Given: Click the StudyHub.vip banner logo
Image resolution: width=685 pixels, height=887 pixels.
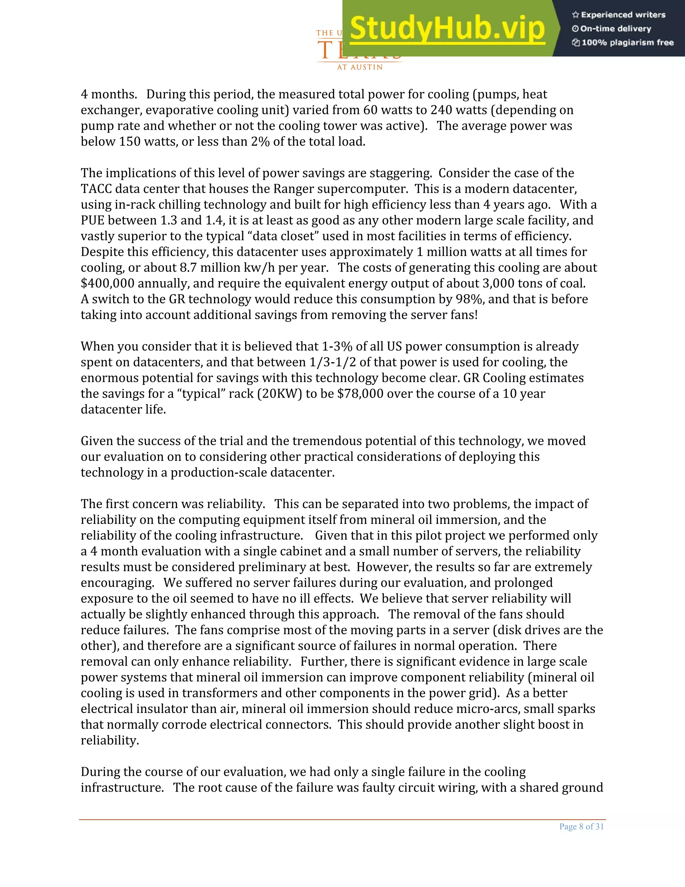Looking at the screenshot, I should pos(447,28).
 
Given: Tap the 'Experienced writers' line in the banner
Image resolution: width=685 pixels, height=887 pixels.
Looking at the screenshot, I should pos(619,15).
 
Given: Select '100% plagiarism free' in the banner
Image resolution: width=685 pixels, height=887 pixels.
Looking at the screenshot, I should pos(623,43).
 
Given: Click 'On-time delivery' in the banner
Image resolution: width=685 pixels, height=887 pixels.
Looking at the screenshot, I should pos(612,29).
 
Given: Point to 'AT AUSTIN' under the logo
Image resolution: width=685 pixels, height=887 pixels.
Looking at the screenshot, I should pos(360,67).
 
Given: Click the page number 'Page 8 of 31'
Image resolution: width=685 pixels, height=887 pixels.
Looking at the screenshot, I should pos(581,826).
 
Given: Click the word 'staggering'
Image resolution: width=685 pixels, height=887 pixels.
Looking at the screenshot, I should pos(400,173).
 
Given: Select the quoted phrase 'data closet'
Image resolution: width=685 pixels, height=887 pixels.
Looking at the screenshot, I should pos(275,236).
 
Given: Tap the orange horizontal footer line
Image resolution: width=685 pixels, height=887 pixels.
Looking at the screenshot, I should pos(342,820).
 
